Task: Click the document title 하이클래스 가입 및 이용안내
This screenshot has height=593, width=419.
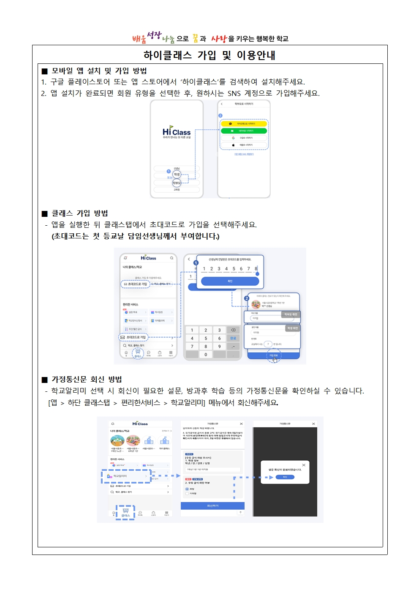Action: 209,55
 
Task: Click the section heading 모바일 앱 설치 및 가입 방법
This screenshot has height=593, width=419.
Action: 99,71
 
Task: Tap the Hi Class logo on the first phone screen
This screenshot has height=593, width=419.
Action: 177,132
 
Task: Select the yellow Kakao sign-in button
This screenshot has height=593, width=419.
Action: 244,124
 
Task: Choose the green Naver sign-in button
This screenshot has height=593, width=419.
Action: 244,131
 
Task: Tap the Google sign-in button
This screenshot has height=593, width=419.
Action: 244,138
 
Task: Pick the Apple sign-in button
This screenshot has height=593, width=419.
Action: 244,145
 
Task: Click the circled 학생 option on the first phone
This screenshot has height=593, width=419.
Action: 177,174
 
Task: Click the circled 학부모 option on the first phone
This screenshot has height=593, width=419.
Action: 177,183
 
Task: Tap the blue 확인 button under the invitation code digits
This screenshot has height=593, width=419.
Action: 230,281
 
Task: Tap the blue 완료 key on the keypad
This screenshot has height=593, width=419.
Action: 233,338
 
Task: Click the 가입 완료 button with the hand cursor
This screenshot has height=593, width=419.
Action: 274,356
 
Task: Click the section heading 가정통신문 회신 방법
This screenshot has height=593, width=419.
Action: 87,379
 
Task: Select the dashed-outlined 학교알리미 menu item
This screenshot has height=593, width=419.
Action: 126,476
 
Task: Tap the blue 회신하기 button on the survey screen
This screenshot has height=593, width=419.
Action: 212,506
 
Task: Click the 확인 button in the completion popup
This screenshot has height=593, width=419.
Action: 285,477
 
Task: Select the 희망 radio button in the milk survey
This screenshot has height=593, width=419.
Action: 187,489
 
